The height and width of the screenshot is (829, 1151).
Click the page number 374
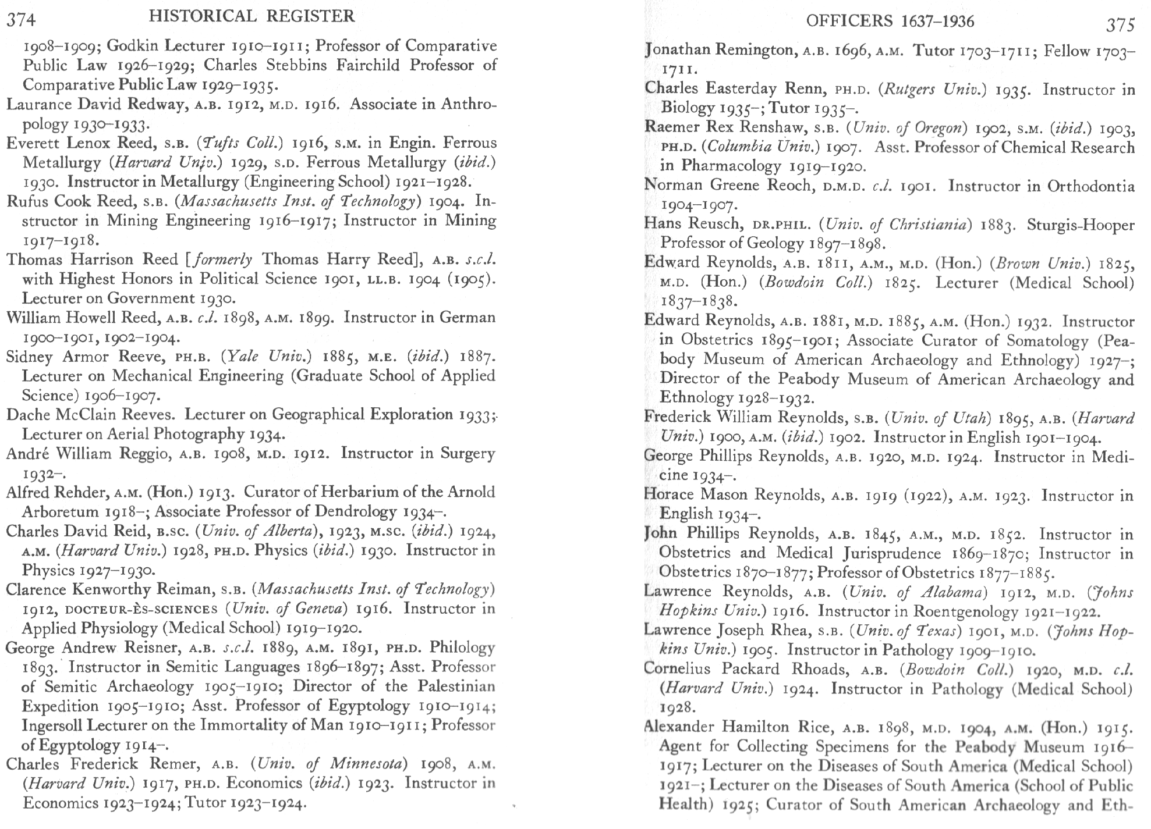[x=21, y=20]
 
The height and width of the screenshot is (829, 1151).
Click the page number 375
[x=1121, y=24]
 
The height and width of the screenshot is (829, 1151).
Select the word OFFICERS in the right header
[x=849, y=22]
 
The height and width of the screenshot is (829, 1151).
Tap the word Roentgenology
[x=966, y=611]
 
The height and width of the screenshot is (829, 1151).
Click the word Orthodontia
[x=1090, y=186]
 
